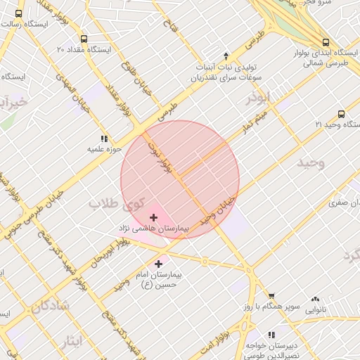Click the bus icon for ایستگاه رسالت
tap(18, 13)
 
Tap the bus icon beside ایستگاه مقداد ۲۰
tap(84, 39)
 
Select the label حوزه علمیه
tap(105, 149)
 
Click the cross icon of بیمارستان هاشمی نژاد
tap(154, 218)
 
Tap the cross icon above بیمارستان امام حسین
tap(157, 264)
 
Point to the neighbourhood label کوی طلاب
tap(111, 204)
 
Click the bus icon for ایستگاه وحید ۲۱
tap(341, 113)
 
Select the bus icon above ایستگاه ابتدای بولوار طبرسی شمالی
tap(326, 41)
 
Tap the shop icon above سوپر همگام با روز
tap(271, 297)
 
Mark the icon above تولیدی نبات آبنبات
tap(226, 55)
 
